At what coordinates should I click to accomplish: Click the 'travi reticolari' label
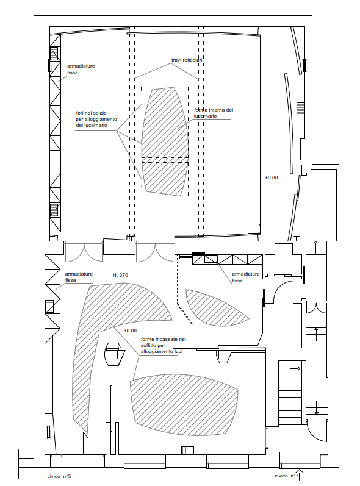(187, 60)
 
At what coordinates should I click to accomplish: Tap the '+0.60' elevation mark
(272, 177)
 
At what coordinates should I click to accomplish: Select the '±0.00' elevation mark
(130, 331)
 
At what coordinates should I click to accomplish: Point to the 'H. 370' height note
(120, 275)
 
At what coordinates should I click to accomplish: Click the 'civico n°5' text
(59, 476)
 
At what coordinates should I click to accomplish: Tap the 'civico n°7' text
(287, 476)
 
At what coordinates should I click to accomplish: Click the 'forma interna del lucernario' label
(214, 113)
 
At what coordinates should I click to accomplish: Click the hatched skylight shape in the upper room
(165, 141)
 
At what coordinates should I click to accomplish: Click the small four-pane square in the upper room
(254, 225)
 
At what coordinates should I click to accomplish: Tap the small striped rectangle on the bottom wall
(187, 450)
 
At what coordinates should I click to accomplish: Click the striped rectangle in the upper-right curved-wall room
(300, 109)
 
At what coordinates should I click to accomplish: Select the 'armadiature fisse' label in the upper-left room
(81, 70)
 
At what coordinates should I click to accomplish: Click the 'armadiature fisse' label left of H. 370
(79, 277)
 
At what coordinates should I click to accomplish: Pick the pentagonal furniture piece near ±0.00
(115, 354)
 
